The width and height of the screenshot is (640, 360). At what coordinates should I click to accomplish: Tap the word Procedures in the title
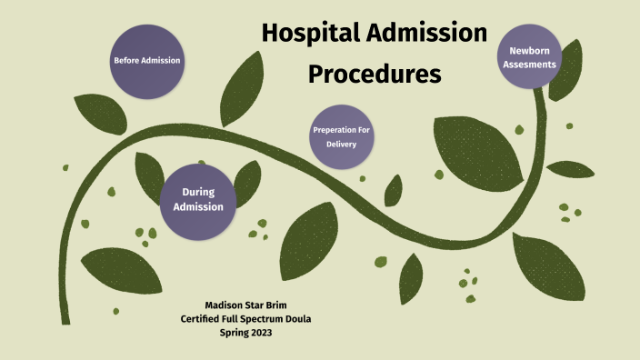coord(375,74)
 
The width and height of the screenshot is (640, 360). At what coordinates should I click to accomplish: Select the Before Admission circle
coord(146,61)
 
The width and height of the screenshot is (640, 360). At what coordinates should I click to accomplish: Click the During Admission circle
coord(198,199)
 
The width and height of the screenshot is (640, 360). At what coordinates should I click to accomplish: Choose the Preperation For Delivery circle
coord(343,137)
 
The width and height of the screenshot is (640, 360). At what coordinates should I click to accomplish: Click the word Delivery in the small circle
coord(343,145)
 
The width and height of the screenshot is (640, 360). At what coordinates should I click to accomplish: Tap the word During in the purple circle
coord(198,192)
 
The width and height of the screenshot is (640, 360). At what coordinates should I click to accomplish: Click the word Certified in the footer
coord(202,317)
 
